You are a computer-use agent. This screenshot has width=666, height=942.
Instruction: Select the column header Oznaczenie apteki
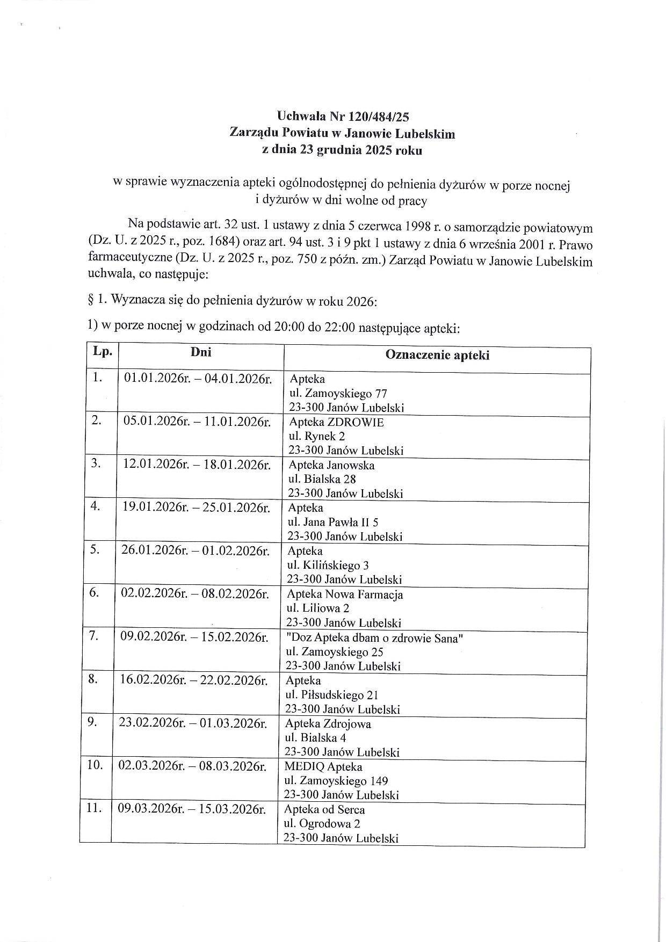pyautogui.click(x=437, y=355)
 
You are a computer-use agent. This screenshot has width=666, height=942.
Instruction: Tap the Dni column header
pyautogui.click(x=201, y=352)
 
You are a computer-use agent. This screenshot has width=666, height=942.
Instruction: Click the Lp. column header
pyautogui.click(x=103, y=352)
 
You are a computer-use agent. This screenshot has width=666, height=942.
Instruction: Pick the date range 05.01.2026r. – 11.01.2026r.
pyautogui.click(x=197, y=421)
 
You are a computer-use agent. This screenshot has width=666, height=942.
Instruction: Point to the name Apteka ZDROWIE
pyautogui.click(x=336, y=422)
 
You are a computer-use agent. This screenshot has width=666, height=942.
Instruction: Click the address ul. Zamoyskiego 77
pyautogui.click(x=338, y=394)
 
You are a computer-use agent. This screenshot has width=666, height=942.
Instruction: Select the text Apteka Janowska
pyautogui.click(x=331, y=465)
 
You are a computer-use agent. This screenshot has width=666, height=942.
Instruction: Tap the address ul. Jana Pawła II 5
pyautogui.click(x=333, y=522)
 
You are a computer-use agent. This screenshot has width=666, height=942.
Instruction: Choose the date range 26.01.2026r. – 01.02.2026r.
pyautogui.click(x=196, y=551)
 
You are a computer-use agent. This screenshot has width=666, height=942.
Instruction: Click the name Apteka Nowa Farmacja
pyautogui.click(x=344, y=595)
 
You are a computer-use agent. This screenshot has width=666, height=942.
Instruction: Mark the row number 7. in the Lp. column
pyautogui.click(x=93, y=636)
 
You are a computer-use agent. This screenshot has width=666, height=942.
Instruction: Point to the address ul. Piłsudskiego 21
pyautogui.click(x=332, y=695)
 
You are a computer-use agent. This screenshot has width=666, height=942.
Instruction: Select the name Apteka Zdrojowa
pyautogui.click(x=328, y=723)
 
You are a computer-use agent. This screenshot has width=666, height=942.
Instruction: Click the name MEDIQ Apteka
pyautogui.click(x=323, y=767)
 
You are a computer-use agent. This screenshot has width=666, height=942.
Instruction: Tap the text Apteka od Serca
pyautogui.click(x=324, y=810)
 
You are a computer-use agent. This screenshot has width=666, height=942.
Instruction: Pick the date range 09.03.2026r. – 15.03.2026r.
pyautogui.click(x=192, y=809)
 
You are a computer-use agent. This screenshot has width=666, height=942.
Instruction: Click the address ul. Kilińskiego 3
pyautogui.click(x=328, y=566)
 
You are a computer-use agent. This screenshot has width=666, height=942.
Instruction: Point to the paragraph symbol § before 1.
pyautogui.click(x=91, y=300)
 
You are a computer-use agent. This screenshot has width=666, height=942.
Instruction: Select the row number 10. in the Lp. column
pyautogui.click(x=95, y=765)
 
